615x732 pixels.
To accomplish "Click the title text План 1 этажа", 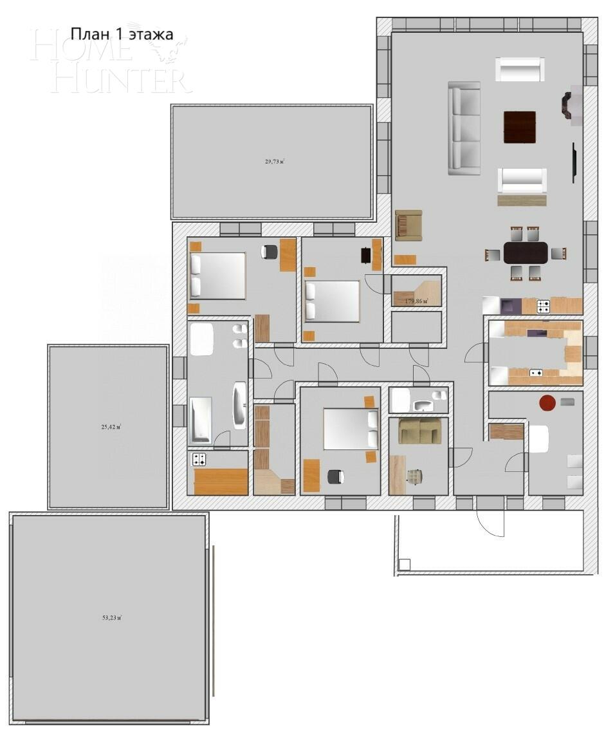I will coord(122,34).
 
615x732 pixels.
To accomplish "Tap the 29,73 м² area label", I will coord(275,162).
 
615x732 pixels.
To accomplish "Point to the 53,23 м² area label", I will coord(112,617).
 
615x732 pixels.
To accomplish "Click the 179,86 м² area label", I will coord(416,301).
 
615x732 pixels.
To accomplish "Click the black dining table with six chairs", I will coord(526,252).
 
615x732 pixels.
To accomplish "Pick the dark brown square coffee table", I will coord(520,127).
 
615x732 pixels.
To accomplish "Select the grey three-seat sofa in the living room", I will coord(464,128).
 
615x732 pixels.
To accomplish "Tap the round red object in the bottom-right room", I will coord(547,403).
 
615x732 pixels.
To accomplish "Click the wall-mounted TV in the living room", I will coord(574,163).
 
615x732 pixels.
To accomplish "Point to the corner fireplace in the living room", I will coord(569,106).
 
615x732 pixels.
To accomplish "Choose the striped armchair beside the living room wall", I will coord(408,225).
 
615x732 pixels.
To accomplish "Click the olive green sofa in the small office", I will coord(420,431).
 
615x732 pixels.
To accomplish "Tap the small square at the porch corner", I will coord(404,565).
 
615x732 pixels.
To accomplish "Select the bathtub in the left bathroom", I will coord(200,420).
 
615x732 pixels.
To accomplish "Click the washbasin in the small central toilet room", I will coord(423,405).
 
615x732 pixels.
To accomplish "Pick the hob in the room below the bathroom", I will coord(199,459).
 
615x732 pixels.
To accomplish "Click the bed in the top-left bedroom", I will coord(218,276).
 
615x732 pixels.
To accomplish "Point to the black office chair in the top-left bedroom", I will coord(270,252).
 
